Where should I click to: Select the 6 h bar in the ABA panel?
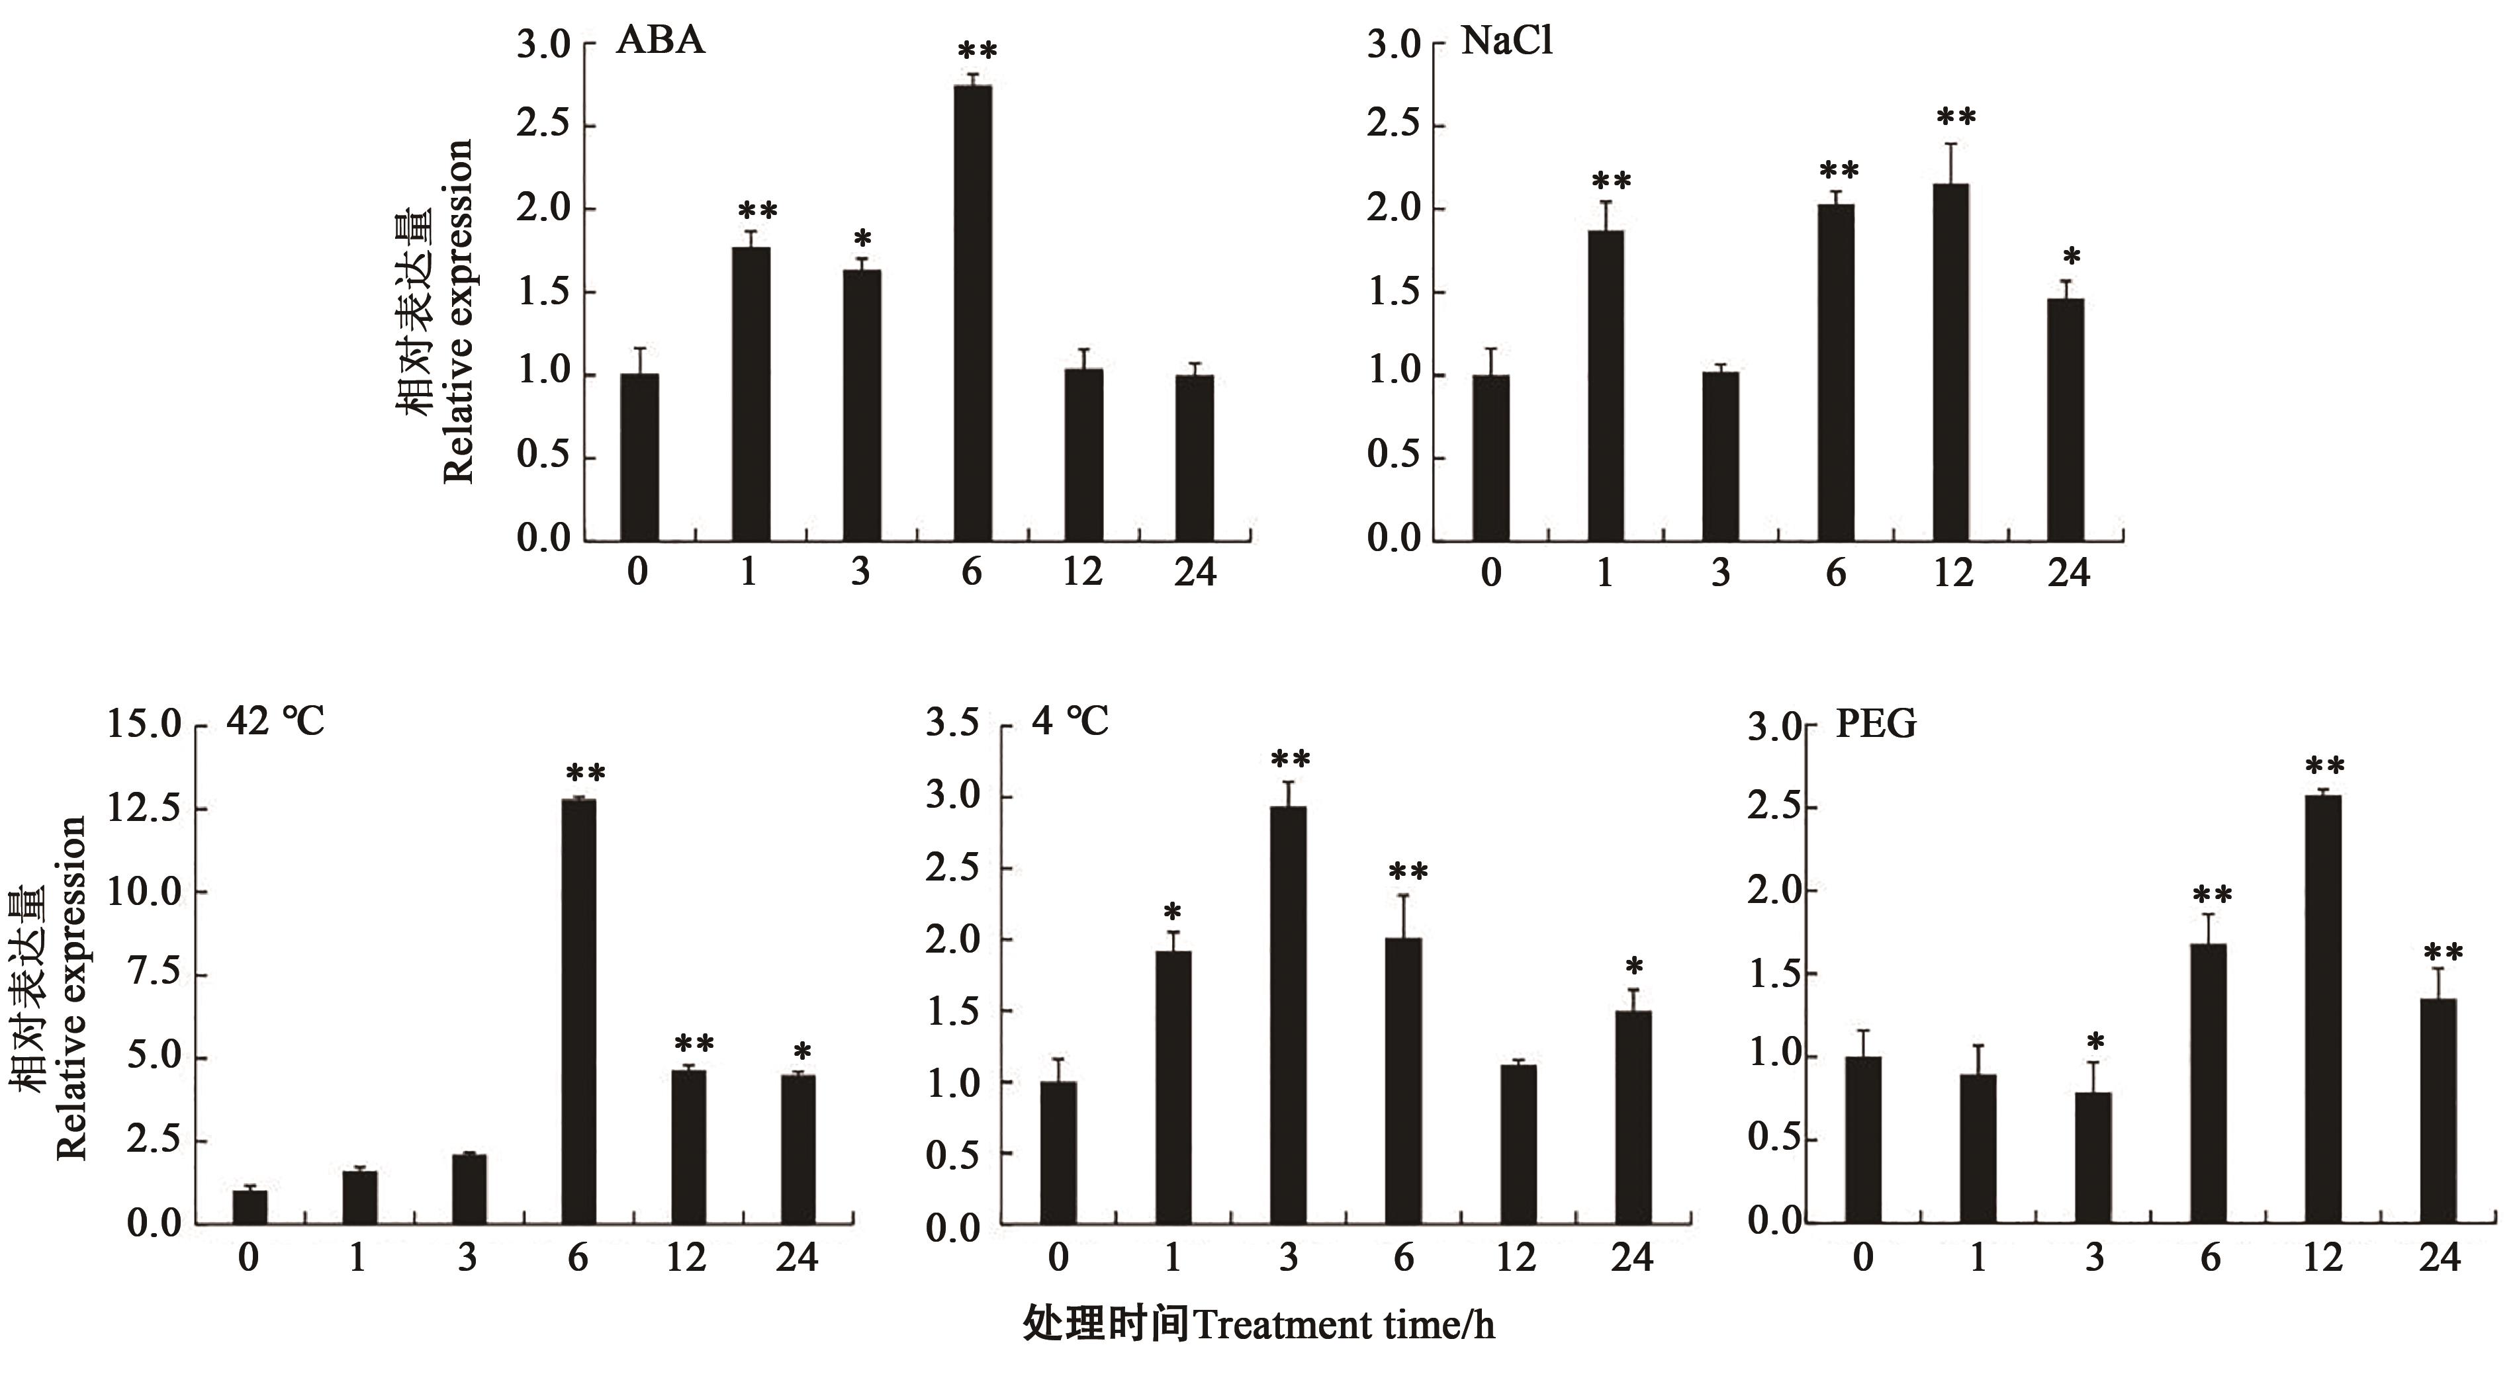pos(973,312)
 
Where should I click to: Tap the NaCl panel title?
pos(1506,42)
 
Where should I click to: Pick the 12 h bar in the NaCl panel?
pos(1951,361)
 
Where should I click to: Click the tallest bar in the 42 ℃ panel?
pos(578,1010)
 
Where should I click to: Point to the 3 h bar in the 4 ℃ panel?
pos(1288,1014)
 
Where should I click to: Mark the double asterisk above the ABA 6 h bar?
pos(976,51)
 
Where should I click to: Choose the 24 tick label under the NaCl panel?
pos(2068,572)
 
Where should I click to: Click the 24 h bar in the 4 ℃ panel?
pos(1633,1117)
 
